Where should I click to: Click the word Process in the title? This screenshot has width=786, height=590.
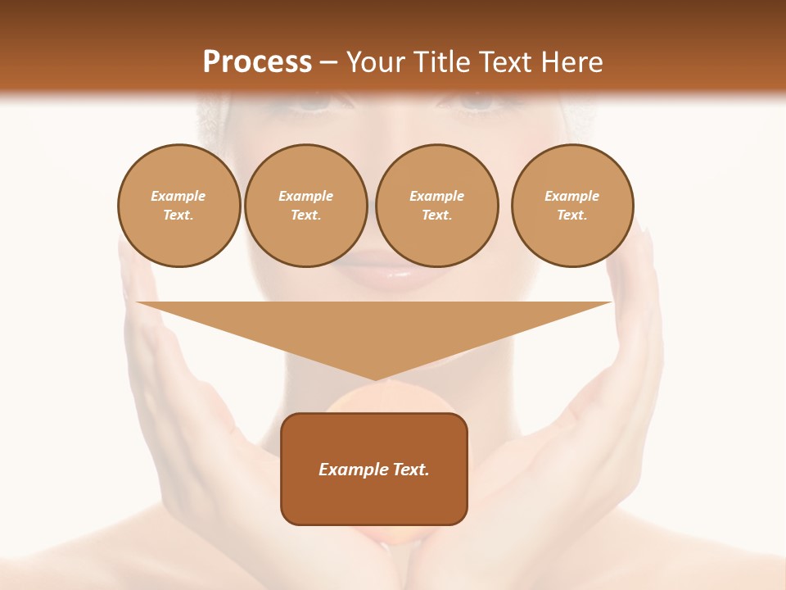tap(257, 62)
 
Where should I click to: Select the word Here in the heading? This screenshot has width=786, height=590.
tap(570, 62)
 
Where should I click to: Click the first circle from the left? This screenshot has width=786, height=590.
tap(178, 206)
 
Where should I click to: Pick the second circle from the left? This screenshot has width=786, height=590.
tap(305, 206)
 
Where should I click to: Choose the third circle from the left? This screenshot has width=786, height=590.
tap(436, 206)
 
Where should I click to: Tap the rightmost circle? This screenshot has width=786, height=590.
tap(572, 206)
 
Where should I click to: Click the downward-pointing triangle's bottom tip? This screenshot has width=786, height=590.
tap(375, 379)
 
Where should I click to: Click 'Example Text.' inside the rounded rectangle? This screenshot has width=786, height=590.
tap(374, 470)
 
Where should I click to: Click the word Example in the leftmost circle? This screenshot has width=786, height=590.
tap(178, 196)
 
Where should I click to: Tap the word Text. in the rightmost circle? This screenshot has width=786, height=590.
tap(572, 216)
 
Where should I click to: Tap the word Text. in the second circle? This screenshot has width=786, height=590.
tap(305, 216)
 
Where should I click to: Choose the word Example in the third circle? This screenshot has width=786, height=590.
tap(436, 196)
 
